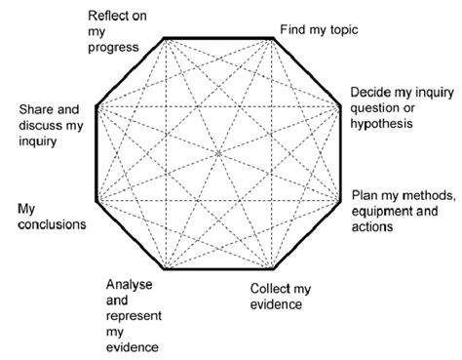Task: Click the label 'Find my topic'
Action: tap(320, 29)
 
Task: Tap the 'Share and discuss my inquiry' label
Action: tap(51, 125)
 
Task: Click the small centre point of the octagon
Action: tap(219, 153)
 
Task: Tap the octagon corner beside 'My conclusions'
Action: tap(94, 203)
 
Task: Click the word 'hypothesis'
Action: tap(385, 124)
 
